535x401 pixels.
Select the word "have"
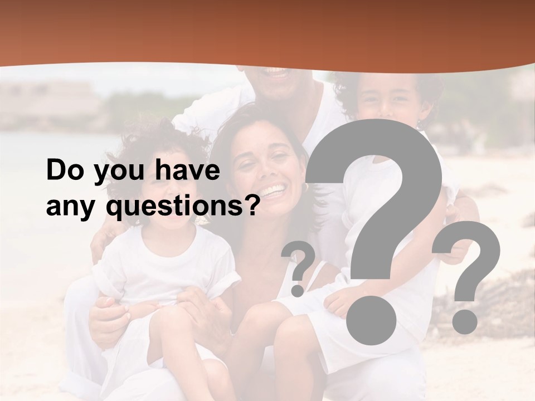(x=187, y=170)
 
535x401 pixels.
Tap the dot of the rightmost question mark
(x=464, y=322)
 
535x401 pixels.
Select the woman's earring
(x=305, y=188)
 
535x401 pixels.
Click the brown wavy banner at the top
(x=267, y=31)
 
